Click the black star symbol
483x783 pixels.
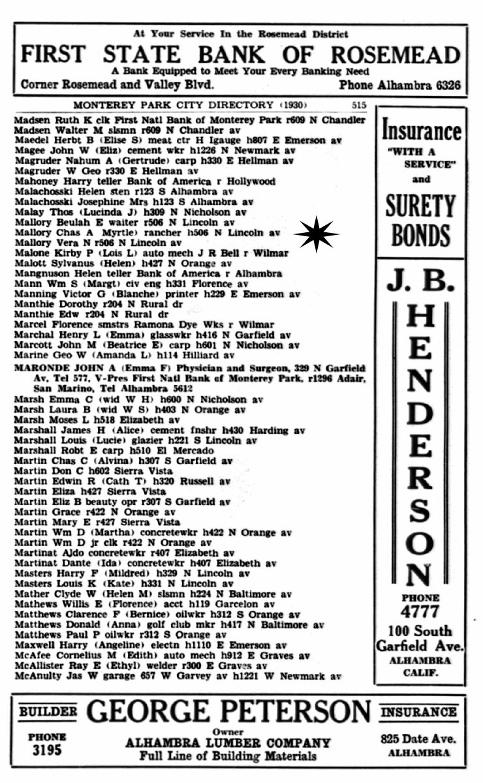[x=317, y=234]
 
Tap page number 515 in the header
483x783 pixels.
[x=358, y=104]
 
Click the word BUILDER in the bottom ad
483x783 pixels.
[x=47, y=711]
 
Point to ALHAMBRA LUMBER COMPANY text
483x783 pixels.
[x=228, y=743]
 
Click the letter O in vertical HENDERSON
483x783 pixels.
[x=419, y=542]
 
